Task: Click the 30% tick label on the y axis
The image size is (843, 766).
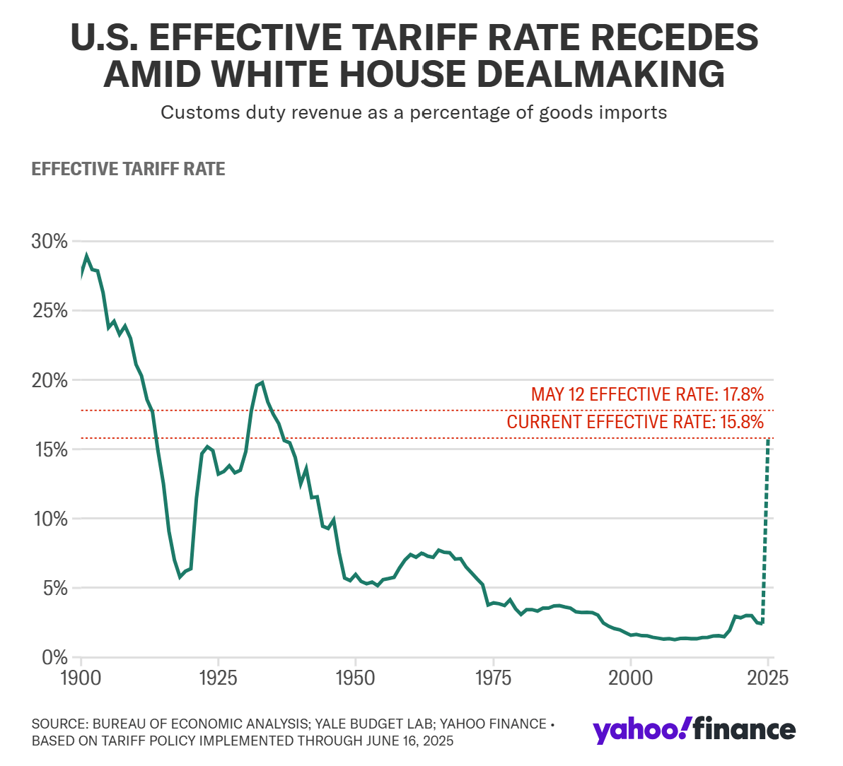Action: pos(50,242)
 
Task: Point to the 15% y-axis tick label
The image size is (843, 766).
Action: pos(50,449)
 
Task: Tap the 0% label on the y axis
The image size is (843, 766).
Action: pos(54,657)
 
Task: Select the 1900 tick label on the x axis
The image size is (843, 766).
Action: pos(81,678)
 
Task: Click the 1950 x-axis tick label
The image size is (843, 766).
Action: pos(356,678)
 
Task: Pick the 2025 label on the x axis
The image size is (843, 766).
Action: pos(767,678)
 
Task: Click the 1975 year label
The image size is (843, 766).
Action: pos(493,678)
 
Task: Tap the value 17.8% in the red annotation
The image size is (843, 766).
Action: pos(743,394)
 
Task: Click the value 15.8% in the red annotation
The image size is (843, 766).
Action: pos(743,422)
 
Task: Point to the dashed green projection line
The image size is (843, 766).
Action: pos(765,530)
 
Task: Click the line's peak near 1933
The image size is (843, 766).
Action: pos(262,382)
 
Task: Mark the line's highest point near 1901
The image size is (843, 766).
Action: pos(86,257)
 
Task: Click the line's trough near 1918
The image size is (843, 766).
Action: pos(180,577)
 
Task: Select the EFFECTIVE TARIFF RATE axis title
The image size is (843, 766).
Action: pos(128,170)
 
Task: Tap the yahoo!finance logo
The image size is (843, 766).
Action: pos(694,729)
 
